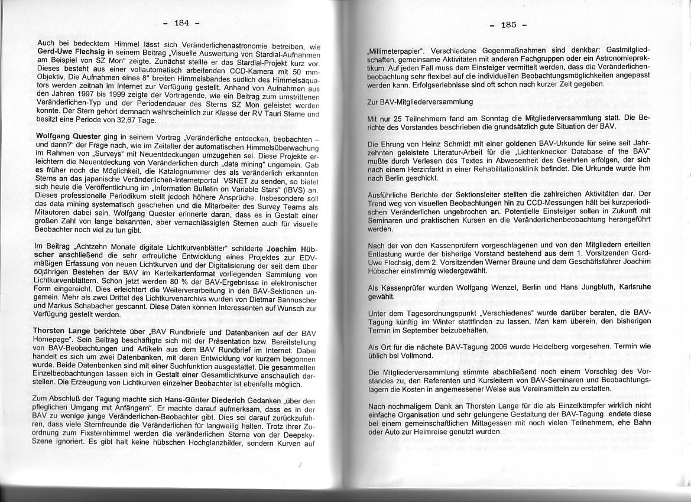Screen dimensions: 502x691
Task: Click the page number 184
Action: pyautogui.click(x=181, y=23)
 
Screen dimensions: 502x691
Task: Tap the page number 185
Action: pyautogui.click(x=508, y=24)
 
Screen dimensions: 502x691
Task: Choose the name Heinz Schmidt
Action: pyautogui.click(x=444, y=144)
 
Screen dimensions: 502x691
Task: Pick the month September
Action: pyautogui.click(x=432, y=330)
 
